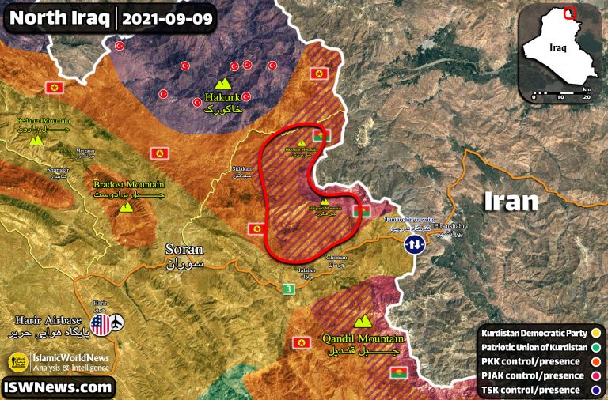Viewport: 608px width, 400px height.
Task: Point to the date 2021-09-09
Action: click(167, 17)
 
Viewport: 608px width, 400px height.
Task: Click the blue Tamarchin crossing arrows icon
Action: click(412, 245)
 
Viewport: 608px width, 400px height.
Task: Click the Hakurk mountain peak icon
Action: click(224, 83)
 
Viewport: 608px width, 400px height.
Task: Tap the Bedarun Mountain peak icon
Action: click(36, 139)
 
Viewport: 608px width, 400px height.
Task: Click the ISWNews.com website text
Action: click(57, 387)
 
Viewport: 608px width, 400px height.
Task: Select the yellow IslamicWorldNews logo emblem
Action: click(17, 362)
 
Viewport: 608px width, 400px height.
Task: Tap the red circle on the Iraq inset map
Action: click(568, 13)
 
